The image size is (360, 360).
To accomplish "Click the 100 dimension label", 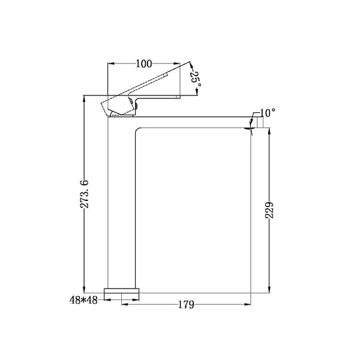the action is tap(144, 64).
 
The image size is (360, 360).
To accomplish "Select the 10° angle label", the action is tap(267, 113).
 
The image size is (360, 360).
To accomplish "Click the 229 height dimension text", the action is tap(269, 210).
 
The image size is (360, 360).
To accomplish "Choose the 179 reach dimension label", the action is tap(186, 304).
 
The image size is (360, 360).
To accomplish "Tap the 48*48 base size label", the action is tap(83, 300).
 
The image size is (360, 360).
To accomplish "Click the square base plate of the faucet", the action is tap(121, 290).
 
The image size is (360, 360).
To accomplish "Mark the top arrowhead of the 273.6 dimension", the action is tap(84, 98).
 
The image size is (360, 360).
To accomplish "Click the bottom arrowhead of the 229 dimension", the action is tap(269, 290).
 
